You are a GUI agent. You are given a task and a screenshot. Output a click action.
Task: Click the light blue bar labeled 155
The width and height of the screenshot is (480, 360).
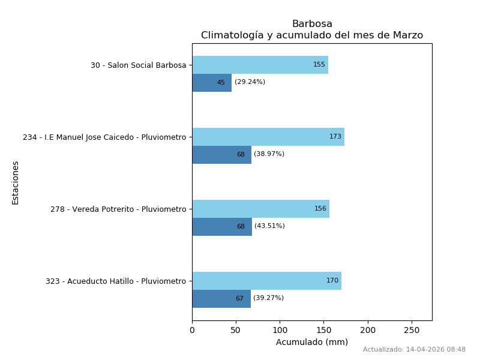pyautogui.click(x=260, y=65)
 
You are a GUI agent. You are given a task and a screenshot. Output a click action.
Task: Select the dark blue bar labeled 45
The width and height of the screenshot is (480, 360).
pyautogui.click(x=212, y=83)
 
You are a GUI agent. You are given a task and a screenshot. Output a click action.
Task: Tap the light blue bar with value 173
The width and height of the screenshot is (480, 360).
pyautogui.click(x=268, y=137)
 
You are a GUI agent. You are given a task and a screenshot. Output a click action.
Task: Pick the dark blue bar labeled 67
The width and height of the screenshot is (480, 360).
pyautogui.click(x=221, y=299)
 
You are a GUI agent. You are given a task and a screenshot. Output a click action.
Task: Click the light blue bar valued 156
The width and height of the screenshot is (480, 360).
pyautogui.click(x=261, y=209)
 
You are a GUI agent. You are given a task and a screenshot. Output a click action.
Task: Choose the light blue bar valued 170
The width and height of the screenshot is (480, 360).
pyautogui.click(x=267, y=281)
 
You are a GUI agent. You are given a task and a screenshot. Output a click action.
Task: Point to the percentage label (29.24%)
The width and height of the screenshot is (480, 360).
pyautogui.click(x=250, y=82)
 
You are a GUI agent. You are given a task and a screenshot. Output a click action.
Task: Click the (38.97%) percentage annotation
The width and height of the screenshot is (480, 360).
pyautogui.click(x=269, y=154)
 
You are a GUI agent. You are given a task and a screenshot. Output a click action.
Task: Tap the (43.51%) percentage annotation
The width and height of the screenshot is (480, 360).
pyautogui.click(x=269, y=226)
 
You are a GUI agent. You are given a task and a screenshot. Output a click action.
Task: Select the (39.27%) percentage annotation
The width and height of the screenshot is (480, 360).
pyautogui.click(x=268, y=298)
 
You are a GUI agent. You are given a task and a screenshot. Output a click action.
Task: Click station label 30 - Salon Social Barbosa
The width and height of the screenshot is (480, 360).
pyautogui.click(x=139, y=65)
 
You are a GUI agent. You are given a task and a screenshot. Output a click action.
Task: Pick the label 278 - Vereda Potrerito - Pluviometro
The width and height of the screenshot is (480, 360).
pyautogui.click(x=118, y=209)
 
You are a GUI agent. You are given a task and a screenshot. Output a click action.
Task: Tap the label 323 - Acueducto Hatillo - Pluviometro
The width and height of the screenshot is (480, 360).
pyautogui.click(x=116, y=281)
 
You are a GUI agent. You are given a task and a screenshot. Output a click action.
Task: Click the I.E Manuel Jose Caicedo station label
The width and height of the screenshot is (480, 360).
pyautogui.click(x=104, y=137)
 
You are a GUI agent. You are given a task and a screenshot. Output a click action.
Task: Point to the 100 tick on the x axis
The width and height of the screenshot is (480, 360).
pyautogui.click(x=280, y=331)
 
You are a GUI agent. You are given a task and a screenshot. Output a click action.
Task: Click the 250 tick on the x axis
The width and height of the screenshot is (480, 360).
pyautogui.click(x=412, y=331)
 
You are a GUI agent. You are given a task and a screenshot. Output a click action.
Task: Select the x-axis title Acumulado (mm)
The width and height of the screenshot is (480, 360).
pyautogui.click(x=312, y=342)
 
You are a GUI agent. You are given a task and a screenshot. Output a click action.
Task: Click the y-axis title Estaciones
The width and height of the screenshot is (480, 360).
pyautogui.click(x=16, y=183)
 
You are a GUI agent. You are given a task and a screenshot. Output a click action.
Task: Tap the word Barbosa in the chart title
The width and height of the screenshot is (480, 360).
pyautogui.click(x=312, y=24)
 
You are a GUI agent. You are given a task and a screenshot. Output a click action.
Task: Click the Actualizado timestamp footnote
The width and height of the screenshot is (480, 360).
pyautogui.click(x=414, y=350)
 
